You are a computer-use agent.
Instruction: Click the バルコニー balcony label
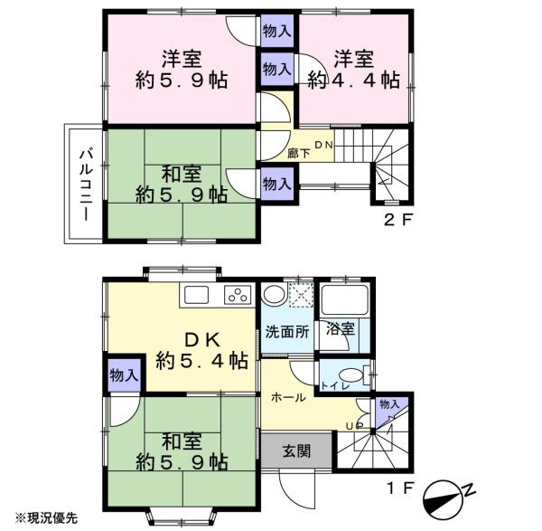86,185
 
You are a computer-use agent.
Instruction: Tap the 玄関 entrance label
296,451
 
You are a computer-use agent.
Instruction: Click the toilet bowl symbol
351,375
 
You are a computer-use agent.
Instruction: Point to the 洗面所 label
287,332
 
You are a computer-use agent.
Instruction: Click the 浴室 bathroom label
341,328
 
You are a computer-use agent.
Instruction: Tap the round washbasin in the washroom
274,295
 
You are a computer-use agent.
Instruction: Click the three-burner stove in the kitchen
238,295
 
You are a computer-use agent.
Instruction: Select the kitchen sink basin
196,295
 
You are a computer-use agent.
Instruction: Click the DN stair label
323,145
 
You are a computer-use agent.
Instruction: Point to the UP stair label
354,425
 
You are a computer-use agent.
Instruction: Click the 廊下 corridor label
299,154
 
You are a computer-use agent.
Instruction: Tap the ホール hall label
288,398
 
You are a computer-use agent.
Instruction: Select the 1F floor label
400,488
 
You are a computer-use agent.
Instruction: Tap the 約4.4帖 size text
354,81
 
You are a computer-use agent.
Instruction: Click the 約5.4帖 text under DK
201,361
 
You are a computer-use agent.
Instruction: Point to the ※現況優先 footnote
46,517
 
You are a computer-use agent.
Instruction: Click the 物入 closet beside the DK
125,375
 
